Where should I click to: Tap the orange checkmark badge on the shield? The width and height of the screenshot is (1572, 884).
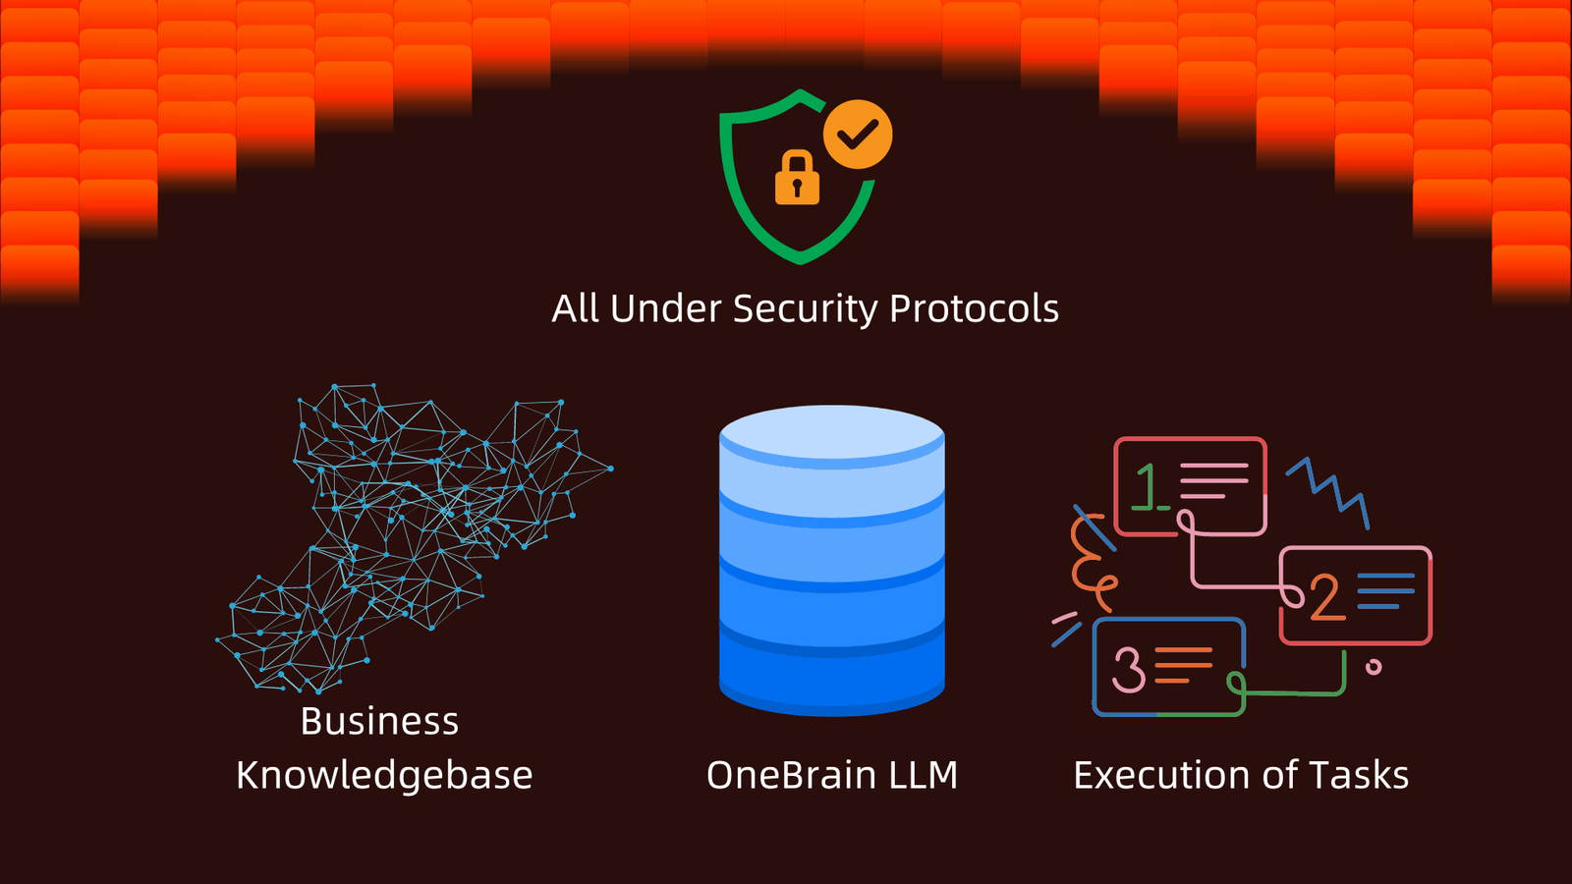[x=858, y=134]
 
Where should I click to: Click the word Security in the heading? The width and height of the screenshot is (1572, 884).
[x=805, y=309]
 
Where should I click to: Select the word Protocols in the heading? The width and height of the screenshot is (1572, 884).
[x=974, y=309]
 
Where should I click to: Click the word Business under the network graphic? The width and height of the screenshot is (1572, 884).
[x=379, y=722]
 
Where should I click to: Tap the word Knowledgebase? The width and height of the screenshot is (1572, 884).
[x=384, y=776]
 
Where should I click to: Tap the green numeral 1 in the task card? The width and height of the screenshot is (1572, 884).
[x=1147, y=486]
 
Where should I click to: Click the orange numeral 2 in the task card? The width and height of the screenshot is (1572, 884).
[x=1326, y=597]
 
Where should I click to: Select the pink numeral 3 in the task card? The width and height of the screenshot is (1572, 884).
[x=1128, y=668]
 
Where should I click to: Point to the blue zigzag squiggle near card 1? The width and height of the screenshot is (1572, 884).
[x=1328, y=487]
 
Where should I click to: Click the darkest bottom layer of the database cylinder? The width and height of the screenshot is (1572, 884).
[x=832, y=678]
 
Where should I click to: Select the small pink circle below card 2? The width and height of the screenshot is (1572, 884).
[x=1374, y=668]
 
